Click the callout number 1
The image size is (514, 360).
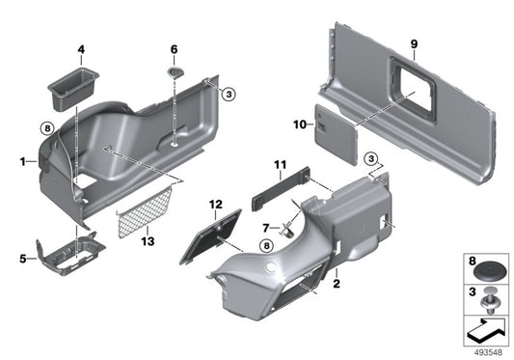pyautogui.click(x=21, y=163)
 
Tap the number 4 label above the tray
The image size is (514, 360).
pyautogui.click(x=81, y=48)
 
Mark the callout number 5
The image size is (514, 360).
pyautogui.click(x=21, y=258)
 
